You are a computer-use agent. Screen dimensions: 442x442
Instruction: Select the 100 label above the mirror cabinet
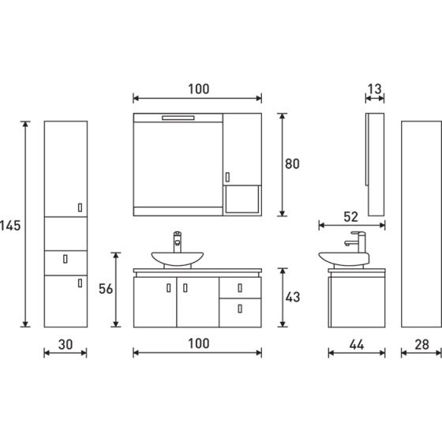[197, 89]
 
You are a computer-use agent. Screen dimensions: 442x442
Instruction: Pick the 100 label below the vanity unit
[197, 343]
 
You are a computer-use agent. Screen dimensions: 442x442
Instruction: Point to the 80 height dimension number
[292, 164]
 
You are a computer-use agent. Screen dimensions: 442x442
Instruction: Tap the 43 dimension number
[292, 298]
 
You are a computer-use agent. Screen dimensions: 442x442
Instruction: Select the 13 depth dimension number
[375, 89]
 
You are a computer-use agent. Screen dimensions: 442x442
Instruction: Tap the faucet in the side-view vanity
[359, 242]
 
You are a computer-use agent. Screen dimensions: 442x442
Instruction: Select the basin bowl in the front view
[178, 257]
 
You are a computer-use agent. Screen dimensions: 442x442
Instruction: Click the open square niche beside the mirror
[242, 198]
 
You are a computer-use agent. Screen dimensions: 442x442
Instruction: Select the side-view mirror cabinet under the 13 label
[375, 163]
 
